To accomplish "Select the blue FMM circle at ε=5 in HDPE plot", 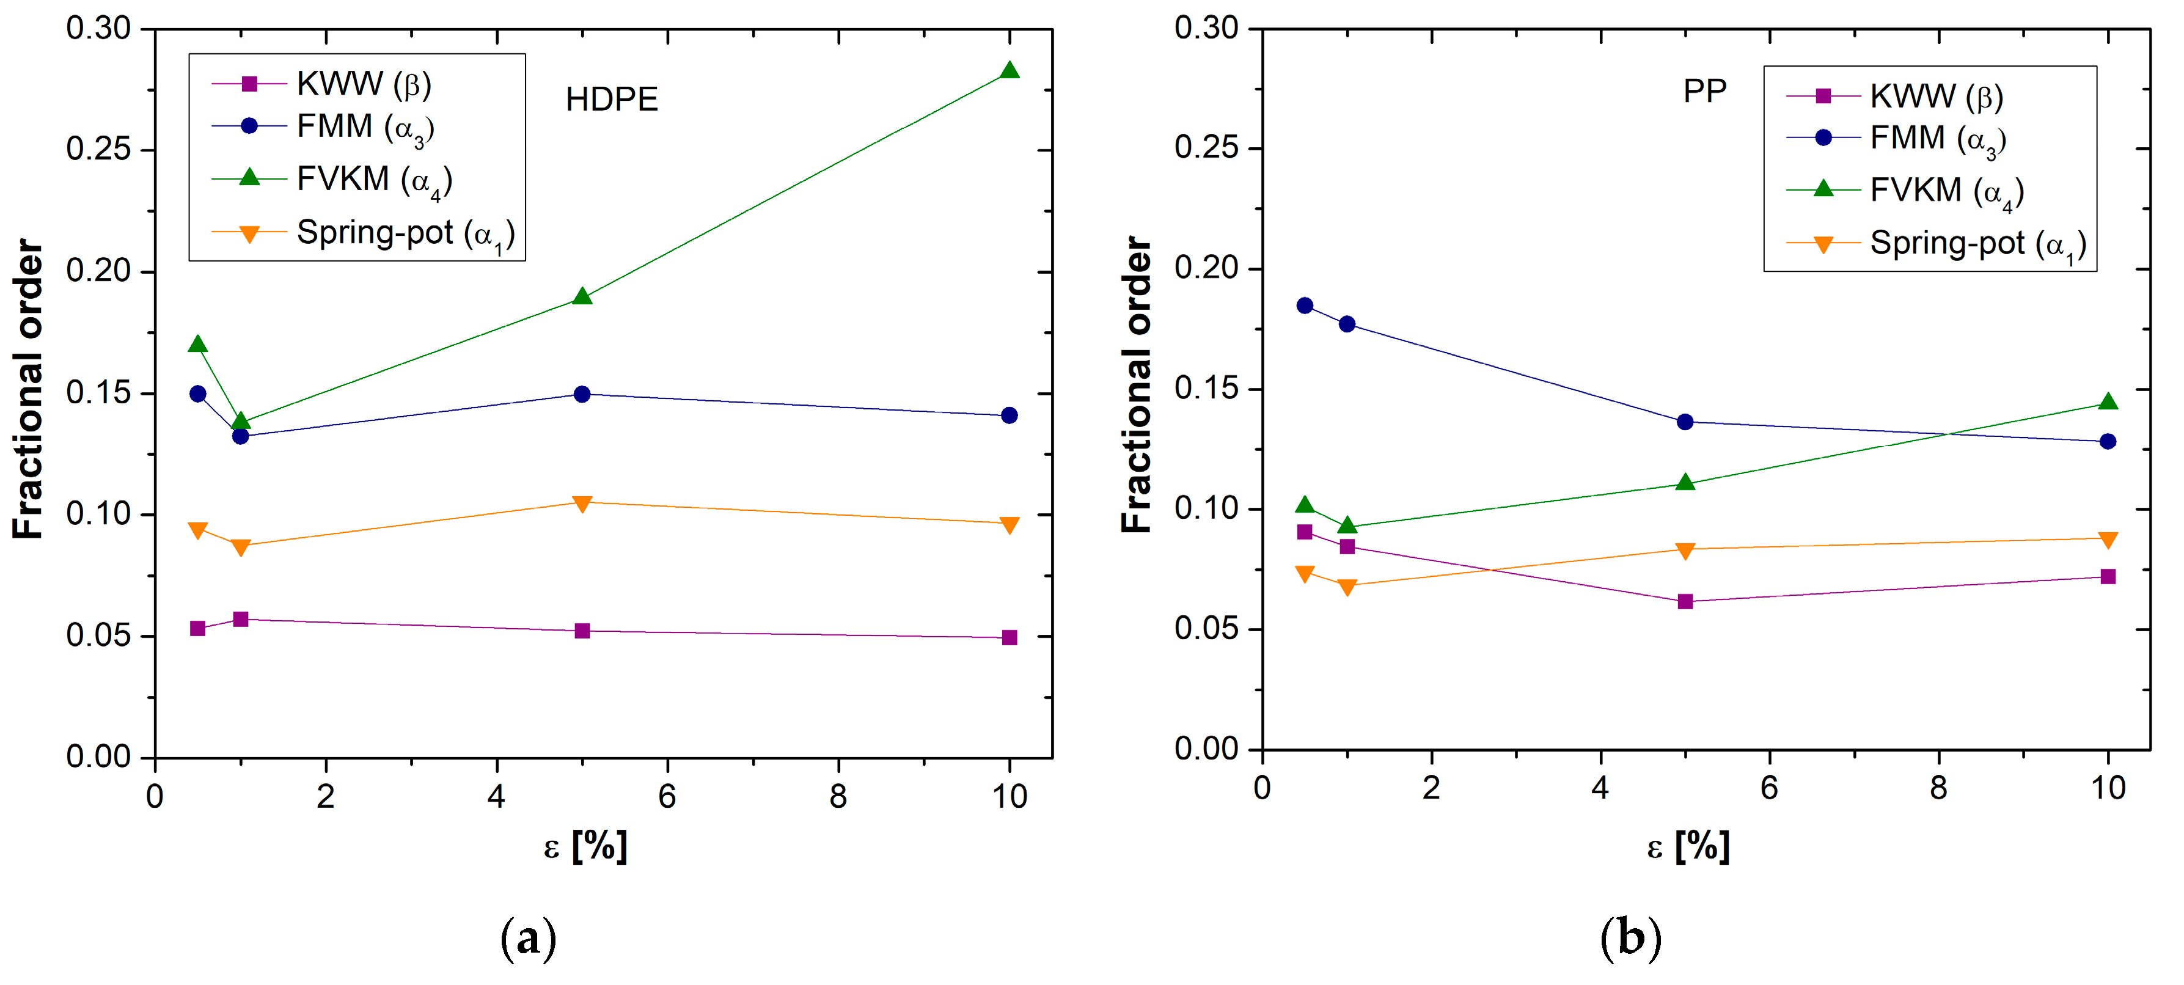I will point(582,394).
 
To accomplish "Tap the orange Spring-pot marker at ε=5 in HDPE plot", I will point(582,503).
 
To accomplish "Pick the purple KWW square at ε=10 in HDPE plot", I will point(1009,637).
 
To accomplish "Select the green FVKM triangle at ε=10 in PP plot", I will point(2108,403).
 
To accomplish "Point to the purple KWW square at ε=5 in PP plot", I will point(1685,602).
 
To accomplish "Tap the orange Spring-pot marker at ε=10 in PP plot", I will point(2108,540).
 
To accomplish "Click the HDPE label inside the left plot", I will point(611,100).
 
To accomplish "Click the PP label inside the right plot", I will point(1704,90).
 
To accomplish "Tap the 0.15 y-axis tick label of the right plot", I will point(1206,388).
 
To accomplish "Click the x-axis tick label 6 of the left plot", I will point(667,797).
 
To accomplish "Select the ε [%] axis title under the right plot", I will point(1688,846).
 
